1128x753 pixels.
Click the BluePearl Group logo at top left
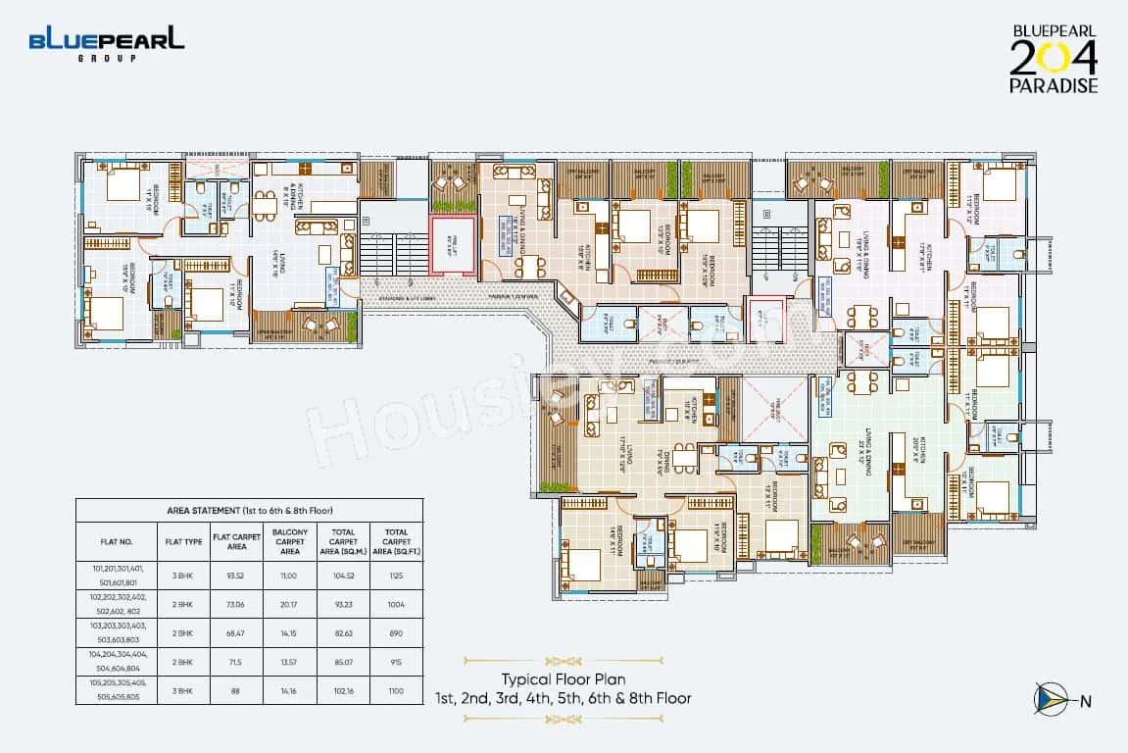106,44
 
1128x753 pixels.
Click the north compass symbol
1052,698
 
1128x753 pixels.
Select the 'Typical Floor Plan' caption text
564,679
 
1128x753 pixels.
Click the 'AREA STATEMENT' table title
250,511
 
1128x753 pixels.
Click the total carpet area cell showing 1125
395,576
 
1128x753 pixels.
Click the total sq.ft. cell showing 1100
395,689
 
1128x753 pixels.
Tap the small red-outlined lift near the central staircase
760,317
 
